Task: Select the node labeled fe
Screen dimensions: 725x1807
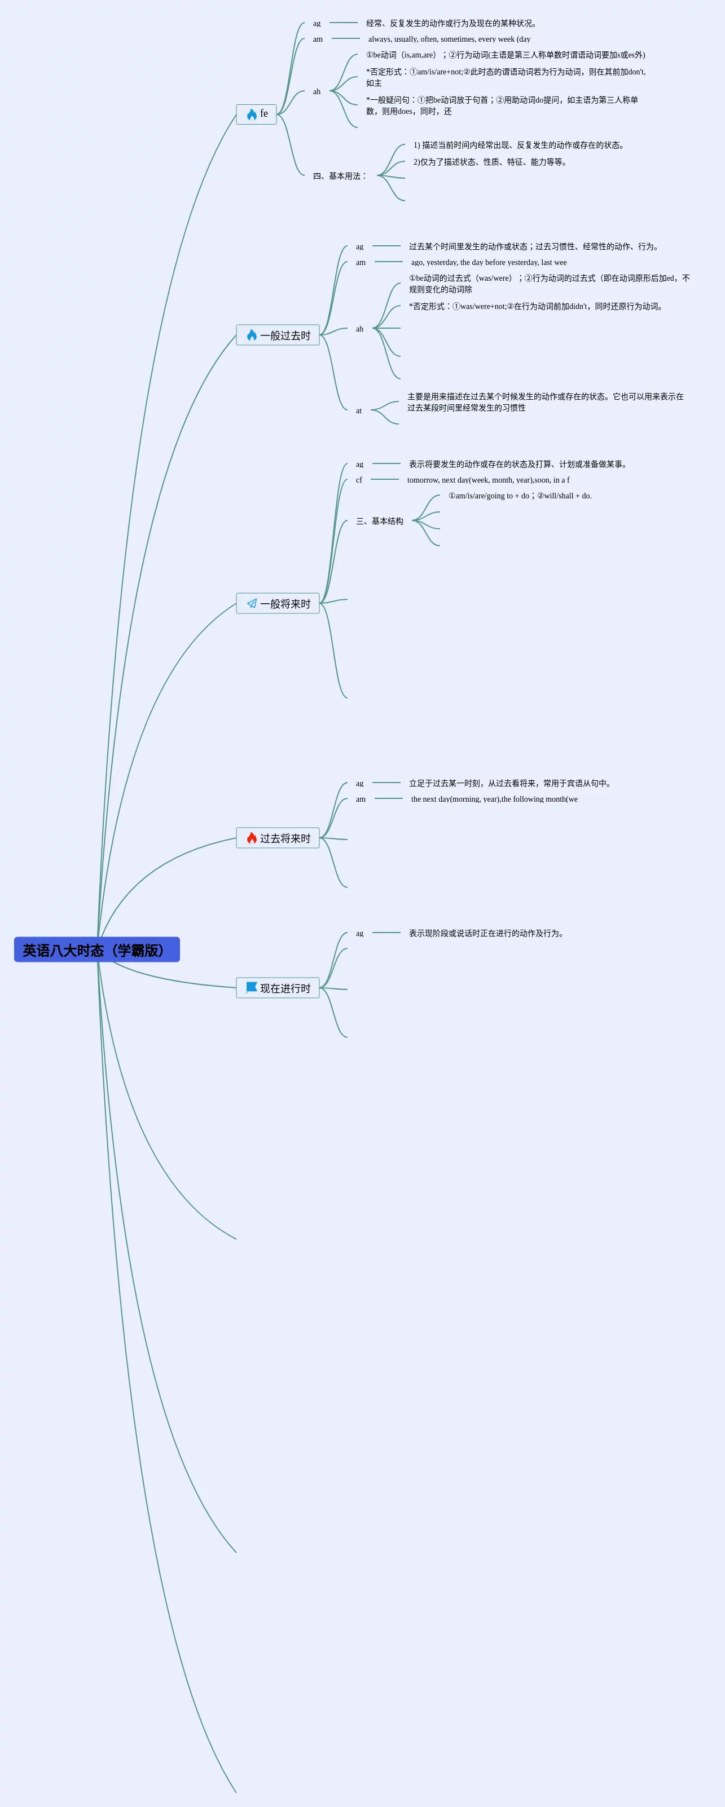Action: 256,114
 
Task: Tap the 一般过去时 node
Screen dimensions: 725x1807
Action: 278,335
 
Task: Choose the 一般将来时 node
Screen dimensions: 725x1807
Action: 278,603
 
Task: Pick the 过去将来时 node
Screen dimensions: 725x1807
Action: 278,838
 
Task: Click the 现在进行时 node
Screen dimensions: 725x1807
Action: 278,988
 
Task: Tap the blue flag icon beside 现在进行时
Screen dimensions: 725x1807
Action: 251,987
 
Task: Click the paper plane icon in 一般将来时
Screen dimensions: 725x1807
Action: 251,603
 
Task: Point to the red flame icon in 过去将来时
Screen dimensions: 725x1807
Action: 251,838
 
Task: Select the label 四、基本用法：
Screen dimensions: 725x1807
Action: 340,176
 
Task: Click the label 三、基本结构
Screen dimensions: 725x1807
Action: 379,521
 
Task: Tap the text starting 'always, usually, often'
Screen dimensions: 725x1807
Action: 449,39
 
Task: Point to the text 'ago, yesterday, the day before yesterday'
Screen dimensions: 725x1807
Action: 489,262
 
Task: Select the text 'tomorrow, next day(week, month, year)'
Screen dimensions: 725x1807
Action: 488,480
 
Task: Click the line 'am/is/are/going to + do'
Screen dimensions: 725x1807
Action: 520,496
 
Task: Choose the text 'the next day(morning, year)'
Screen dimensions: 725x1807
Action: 494,799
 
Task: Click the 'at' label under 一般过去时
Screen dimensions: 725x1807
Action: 359,411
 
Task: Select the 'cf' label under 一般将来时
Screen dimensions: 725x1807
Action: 359,480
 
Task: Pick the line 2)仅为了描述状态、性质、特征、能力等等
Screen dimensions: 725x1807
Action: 490,162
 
